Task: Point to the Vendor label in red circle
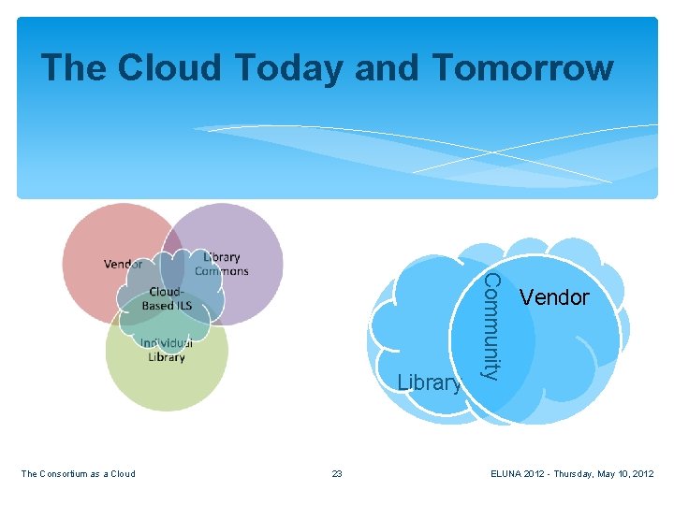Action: click(124, 264)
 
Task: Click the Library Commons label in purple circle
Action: click(222, 264)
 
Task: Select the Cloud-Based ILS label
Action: click(166, 298)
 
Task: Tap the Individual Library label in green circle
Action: click(166, 350)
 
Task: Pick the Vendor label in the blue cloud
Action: click(554, 297)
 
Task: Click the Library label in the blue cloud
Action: click(429, 382)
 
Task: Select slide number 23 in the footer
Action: click(337, 474)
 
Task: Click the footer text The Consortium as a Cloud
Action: click(78, 474)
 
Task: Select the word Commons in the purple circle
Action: click(222, 271)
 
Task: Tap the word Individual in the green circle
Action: click(166, 343)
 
